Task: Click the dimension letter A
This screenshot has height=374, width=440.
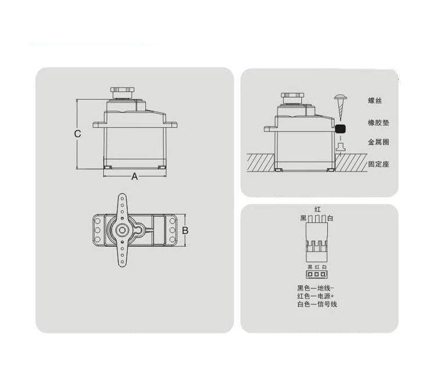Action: (134, 177)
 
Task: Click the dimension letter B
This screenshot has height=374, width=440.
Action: (185, 231)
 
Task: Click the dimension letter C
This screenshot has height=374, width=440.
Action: (77, 134)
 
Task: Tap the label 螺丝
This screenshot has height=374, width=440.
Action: (375, 100)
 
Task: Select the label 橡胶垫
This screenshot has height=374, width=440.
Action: (378, 123)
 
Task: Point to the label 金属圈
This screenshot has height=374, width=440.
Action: (378, 142)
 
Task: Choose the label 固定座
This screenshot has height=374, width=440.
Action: (378, 164)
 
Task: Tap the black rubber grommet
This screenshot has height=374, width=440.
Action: (341, 129)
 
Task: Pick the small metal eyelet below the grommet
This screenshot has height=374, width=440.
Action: (341, 146)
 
